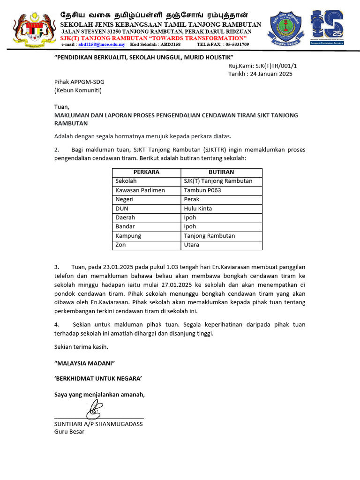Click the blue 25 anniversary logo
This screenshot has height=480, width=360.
[328, 28]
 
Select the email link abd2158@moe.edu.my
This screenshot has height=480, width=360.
[102, 44]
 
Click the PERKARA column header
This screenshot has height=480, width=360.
[146, 172]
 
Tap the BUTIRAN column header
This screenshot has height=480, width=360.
[221, 172]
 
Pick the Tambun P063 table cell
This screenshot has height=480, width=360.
[202, 190]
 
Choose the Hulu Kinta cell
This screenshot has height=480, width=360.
[198, 209]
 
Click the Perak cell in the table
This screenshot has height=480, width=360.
[192, 199]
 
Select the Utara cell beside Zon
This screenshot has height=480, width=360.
[191, 245]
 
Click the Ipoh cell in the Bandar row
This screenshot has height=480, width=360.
[190, 226]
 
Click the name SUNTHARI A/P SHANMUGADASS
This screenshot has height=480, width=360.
[98, 424]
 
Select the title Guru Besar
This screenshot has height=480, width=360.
[69, 431]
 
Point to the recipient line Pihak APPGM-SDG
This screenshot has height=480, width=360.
[79, 82]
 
